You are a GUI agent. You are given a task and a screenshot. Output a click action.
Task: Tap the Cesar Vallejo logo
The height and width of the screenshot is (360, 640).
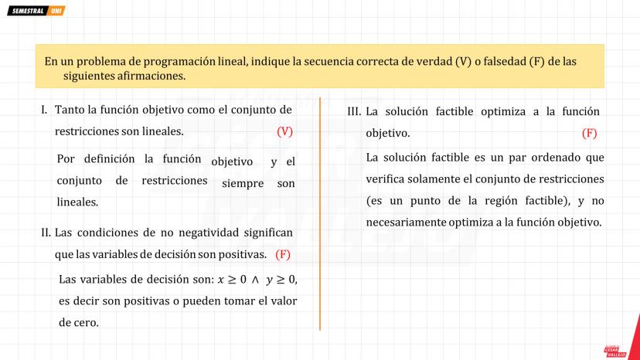(x=615, y=351)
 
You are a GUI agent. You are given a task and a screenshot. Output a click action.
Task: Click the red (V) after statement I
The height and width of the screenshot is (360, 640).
(x=284, y=131)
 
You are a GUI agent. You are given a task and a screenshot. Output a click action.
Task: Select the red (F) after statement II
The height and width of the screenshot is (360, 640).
(x=283, y=254)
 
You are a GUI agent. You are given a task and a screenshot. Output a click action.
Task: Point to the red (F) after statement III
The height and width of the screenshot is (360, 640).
(x=590, y=133)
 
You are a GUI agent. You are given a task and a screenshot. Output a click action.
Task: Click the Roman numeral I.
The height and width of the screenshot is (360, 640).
(x=44, y=110)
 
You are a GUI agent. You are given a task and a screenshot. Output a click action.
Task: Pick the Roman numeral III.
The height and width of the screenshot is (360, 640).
(x=354, y=112)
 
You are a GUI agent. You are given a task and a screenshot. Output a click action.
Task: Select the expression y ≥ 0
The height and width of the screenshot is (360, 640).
(x=281, y=280)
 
